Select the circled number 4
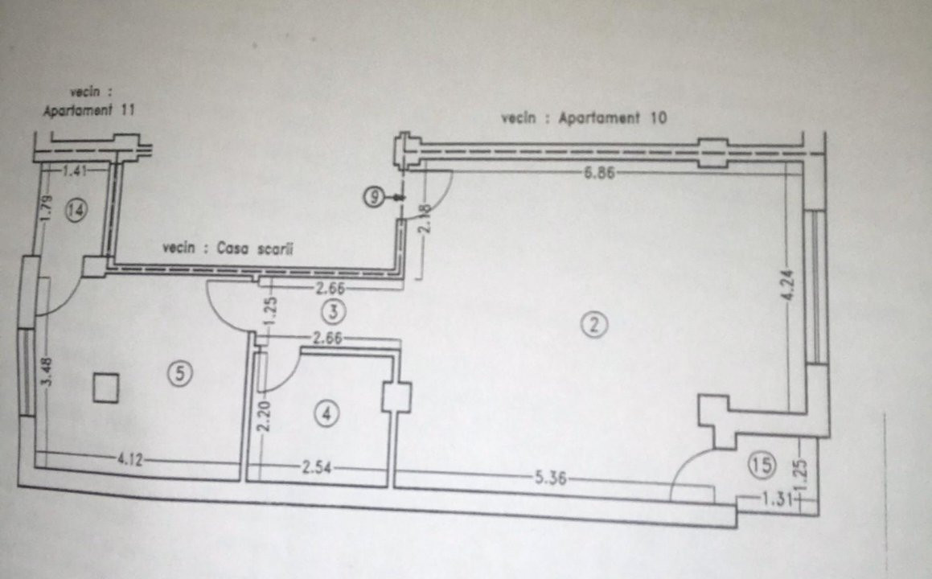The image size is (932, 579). click(x=325, y=414)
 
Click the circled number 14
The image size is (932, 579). click(x=76, y=211)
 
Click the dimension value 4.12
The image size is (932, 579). click(x=129, y=460)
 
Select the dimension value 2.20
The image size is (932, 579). click(x=261, y=418)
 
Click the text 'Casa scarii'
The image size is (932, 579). click(x=254, y=249)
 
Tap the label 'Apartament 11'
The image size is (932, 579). click(x=88, y=113)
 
